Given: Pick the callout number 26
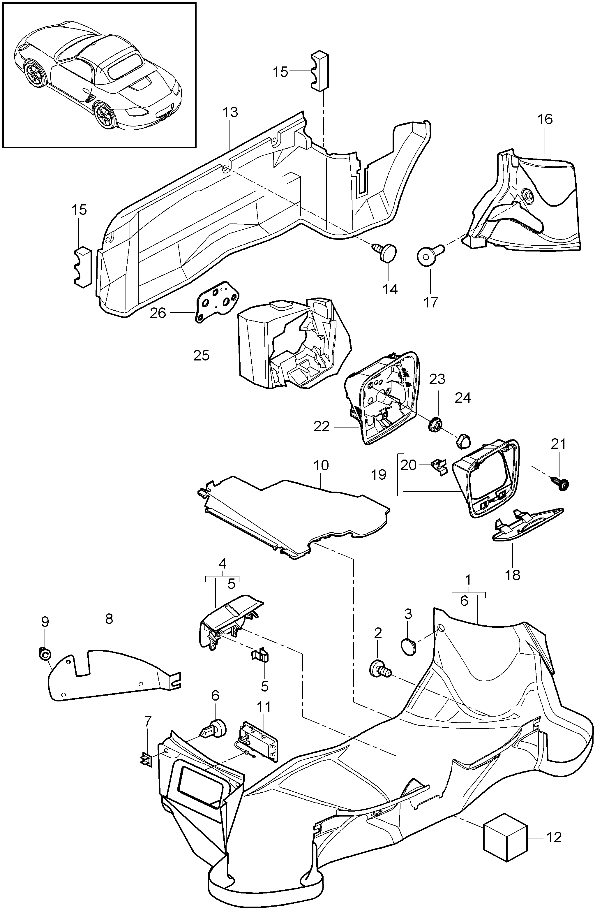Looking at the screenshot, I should point(158,313).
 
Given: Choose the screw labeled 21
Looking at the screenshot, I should point(561,484).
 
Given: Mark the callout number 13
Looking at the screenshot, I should point(230,112).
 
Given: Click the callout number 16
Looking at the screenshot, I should point(545,119).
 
